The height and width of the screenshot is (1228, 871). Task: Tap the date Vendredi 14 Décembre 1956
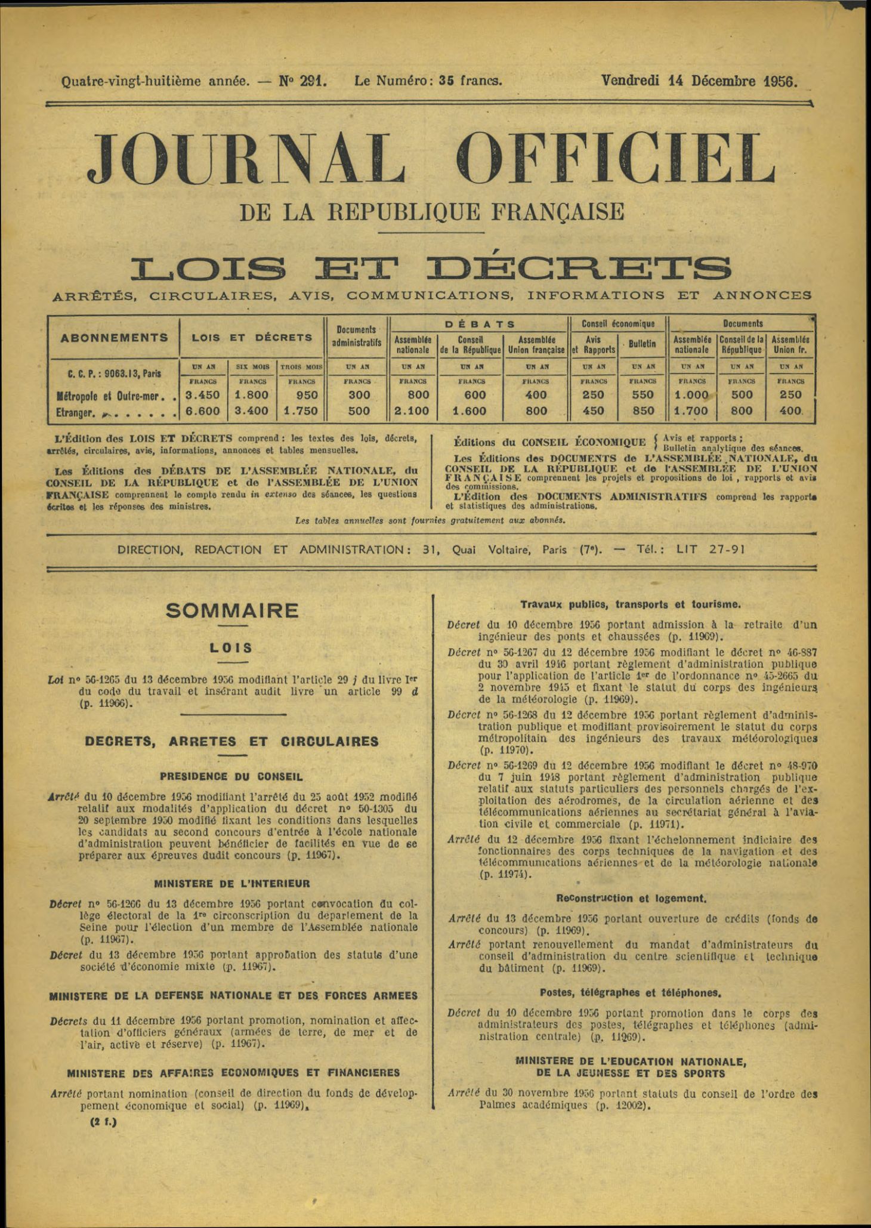(x=699, y=81)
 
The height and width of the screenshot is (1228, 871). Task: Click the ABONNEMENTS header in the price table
(x=115, y=337)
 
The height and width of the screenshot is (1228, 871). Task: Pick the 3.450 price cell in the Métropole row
(x=203, y=395)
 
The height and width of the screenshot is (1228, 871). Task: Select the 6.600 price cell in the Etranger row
(x=203, y=411)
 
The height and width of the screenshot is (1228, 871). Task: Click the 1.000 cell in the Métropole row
(x=692, y=395)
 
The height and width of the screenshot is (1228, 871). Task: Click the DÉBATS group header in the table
(x=480, y=324)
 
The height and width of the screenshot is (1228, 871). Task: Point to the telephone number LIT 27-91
(x=710, y=550)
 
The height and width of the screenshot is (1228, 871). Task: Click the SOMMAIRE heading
(x=232, y=610)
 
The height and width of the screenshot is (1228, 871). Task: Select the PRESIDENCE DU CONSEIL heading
(x=231, y=776)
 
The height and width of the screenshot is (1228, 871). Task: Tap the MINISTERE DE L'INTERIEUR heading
(x=232, y=883)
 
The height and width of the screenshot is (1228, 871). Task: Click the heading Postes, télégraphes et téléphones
(x=631, y=993)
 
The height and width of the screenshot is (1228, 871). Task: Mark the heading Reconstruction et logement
(x=631, y=898)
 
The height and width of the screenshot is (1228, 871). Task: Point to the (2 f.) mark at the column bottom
(x=103, y=1122)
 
